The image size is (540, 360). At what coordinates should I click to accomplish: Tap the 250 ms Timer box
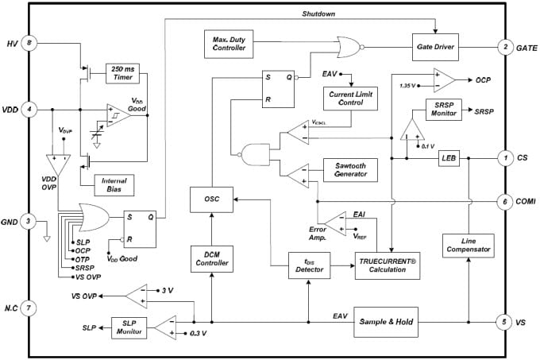(121, 72)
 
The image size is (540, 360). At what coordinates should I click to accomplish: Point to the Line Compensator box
(468, 245)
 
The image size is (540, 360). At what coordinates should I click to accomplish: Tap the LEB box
(448, 159)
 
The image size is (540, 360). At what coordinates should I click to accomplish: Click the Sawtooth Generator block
(349, 168)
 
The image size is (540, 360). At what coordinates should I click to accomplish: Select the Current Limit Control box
(349, 99)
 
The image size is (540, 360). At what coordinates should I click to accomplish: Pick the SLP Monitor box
(128, 327)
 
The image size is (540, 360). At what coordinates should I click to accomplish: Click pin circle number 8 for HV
(29, 45)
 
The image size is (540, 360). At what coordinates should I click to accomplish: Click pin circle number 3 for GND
(29, 222)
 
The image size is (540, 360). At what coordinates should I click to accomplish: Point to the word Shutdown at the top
(318, 14)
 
